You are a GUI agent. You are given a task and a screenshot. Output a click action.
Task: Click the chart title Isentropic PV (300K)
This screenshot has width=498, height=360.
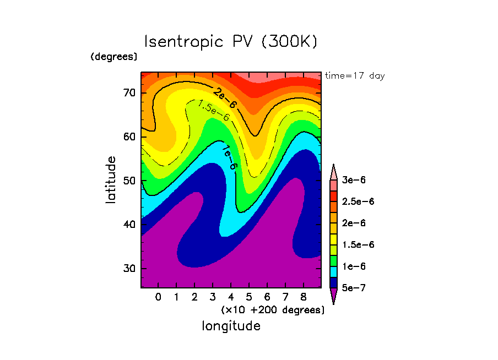[231, 42]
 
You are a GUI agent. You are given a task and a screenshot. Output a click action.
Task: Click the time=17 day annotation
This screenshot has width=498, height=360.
[355, 76]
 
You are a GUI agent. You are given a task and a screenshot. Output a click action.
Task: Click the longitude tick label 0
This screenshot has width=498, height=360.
[158, 298]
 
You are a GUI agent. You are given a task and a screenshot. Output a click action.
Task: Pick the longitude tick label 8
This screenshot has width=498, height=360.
[303, 298]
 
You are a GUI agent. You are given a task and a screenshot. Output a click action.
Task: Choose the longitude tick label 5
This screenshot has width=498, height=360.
[249, 298]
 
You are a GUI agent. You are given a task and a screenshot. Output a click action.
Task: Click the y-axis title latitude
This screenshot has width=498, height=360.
[111, 180]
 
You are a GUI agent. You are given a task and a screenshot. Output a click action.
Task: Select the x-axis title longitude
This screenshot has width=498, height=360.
[231, 326]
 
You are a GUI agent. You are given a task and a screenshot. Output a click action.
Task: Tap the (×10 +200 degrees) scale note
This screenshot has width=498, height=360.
[273, 310]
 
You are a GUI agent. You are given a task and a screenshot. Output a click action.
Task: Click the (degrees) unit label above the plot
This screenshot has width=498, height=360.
[114, 56]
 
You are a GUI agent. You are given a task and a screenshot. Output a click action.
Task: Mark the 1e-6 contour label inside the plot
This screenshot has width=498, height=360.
[230, 157]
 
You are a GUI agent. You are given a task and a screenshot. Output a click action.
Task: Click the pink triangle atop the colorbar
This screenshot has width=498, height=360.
[333, 172]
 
